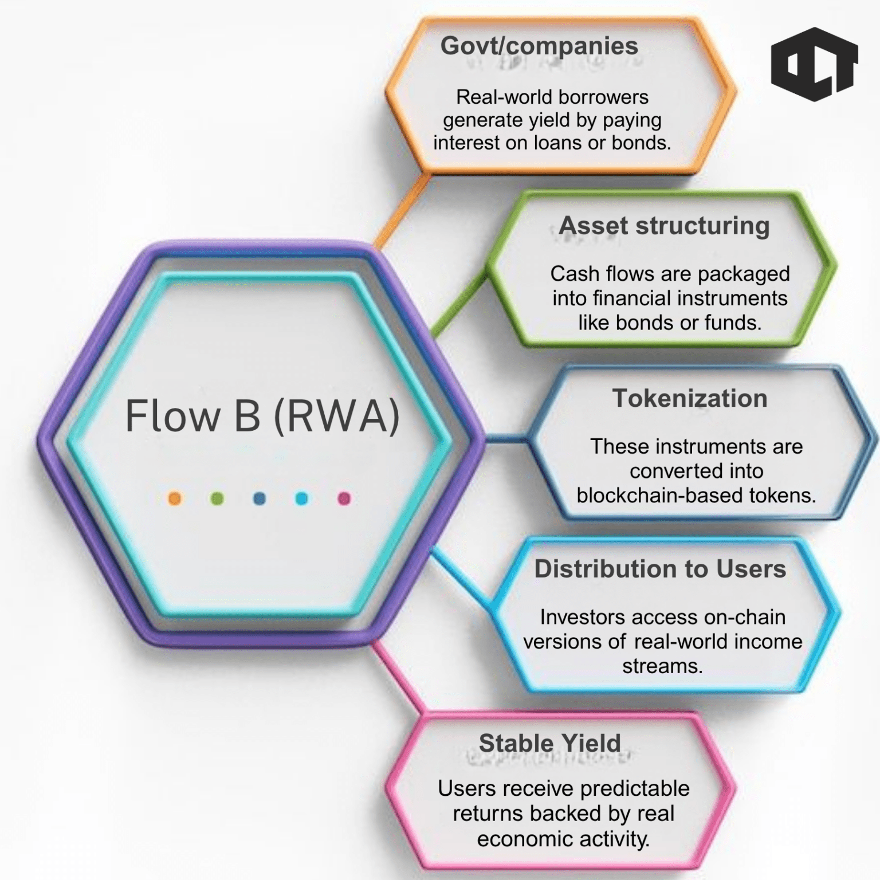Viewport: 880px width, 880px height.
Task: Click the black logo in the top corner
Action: [814, 64]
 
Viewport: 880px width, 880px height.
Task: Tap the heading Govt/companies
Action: [539, 46]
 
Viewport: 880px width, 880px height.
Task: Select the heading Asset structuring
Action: [664, 225]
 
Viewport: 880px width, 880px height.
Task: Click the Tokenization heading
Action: [689, 398]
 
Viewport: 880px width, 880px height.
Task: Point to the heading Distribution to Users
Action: [660, 569]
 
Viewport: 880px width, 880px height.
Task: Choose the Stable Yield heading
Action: [549, 743]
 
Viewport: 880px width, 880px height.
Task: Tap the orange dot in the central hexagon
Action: [175, 498]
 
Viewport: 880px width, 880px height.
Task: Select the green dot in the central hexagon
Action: [217, 498]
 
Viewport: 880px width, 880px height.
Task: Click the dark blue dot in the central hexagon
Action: [260, 498]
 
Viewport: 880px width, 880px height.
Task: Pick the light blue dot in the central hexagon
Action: [301, 498]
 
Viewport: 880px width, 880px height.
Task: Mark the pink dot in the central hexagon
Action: [344, 498]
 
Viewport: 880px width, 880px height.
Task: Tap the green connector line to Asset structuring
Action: [458, 306]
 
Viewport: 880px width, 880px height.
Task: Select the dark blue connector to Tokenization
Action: [504, 440]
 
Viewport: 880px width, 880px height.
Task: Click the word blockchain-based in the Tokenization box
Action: [646, 496]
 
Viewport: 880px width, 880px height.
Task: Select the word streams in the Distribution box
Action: [662, 666]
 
